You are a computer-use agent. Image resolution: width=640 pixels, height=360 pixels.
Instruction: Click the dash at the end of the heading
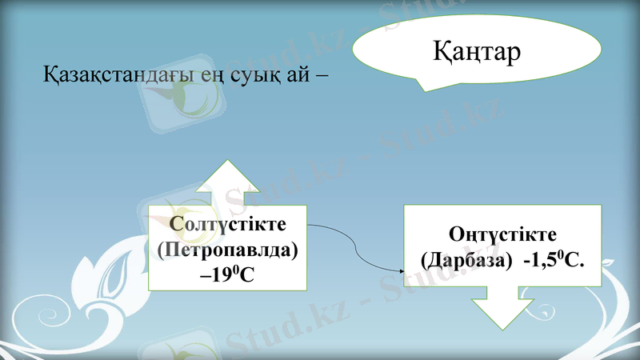[322, 78]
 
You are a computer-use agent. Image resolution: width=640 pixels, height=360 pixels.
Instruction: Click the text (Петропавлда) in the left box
[227, 250]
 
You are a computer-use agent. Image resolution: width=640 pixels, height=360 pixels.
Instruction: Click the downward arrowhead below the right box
[502, 312]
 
